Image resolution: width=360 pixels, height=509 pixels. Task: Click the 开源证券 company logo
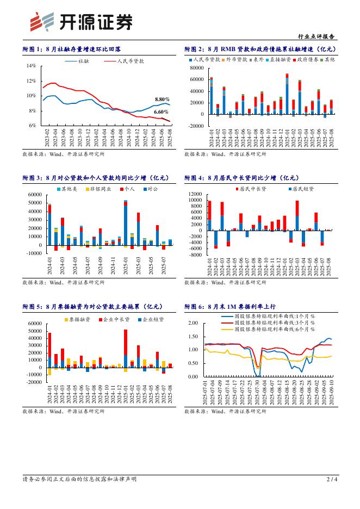click(81, 21)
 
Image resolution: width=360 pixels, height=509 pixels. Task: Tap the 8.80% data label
click(162, 99)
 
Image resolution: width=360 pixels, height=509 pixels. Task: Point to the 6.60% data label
click(161, 111)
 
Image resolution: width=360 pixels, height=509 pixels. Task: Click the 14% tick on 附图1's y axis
click(31, 66)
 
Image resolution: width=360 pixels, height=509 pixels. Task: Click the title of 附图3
click(74, 178)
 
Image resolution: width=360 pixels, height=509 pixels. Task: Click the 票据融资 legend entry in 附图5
click(78, 319)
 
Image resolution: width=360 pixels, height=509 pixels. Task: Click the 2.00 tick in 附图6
click(193, 323)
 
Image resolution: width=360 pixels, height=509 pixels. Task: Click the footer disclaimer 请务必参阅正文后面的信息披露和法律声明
click(79, 479)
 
